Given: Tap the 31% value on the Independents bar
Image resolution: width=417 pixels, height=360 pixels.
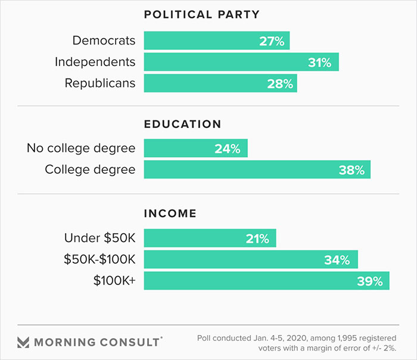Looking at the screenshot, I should (319, 62).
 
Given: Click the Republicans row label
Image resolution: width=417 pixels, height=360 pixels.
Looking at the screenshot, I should (100, 83).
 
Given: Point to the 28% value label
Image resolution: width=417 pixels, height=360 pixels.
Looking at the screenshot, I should (280, 84).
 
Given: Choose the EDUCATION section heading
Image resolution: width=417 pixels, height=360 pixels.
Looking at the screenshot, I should (182, 124).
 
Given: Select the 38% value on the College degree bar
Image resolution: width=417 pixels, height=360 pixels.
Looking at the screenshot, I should (351, 170).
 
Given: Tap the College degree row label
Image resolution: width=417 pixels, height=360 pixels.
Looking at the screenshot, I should (90, 170).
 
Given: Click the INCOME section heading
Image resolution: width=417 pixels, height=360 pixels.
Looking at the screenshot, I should (170, 213).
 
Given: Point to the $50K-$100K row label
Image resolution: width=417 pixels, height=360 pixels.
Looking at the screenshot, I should (99, 259).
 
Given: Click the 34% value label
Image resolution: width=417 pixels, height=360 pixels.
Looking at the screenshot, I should (338, 260).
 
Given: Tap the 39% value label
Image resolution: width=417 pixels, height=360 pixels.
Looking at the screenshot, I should (370, 281).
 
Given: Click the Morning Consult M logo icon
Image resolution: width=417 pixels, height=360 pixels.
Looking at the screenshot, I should (23, 342).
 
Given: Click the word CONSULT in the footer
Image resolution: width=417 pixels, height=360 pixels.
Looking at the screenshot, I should (131, 342).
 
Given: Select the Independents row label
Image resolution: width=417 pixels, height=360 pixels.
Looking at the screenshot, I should (95, 62).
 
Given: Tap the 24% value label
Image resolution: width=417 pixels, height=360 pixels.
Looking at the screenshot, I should (228, 149).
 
